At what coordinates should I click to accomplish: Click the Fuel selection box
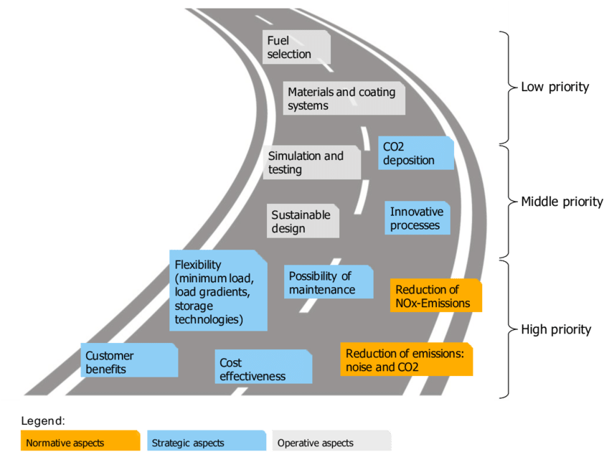(296, 47)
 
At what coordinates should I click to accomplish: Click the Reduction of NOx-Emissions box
(435, 296)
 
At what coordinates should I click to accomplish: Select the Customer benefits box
(129, 362)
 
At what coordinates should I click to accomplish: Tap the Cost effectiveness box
(263, 369)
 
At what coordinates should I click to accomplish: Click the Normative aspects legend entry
(80, 442)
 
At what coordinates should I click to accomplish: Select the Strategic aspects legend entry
(205, 442)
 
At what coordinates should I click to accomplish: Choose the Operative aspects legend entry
(331, 442)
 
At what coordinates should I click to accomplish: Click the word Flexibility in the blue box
(199, 265)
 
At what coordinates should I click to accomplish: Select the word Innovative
(417, 212)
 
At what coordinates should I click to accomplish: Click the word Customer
(110, 355)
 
